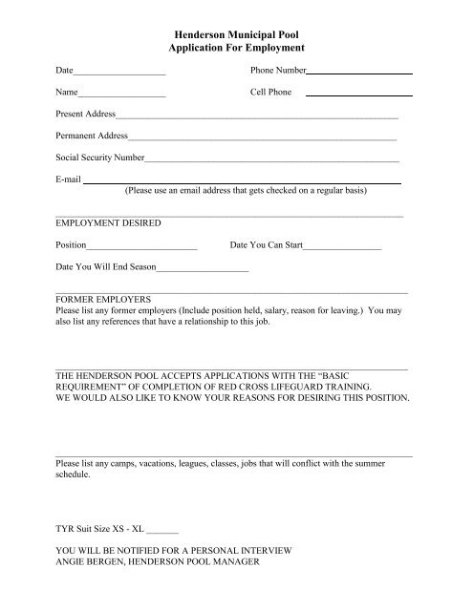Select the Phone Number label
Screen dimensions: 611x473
click(278, 72)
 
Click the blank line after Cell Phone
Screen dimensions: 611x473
click(359, 94)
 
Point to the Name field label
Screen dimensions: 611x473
click(67, 94)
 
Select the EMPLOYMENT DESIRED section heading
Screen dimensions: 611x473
click(108, 223)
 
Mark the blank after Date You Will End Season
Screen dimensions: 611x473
click(204, 269)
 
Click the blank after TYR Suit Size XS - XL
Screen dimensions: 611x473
click(163, 529)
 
